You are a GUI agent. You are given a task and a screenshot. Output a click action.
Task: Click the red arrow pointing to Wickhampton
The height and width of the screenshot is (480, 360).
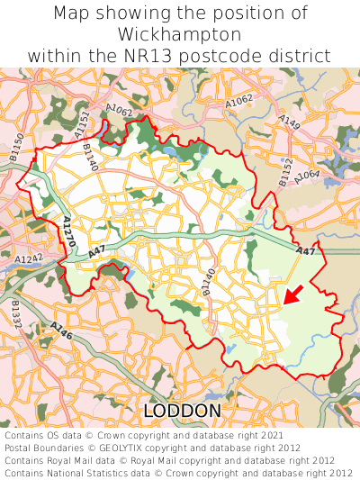tap(292, 294)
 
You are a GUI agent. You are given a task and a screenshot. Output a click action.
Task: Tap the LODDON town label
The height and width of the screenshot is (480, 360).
tap(182, 411)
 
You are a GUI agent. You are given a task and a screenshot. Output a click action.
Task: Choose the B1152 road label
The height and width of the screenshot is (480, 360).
tap(286, 172)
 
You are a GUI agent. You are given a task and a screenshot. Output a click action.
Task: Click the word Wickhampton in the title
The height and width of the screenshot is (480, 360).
tap(180, 35)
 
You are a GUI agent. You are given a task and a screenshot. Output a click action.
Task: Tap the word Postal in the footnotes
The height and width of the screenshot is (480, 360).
tap(22, 447)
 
